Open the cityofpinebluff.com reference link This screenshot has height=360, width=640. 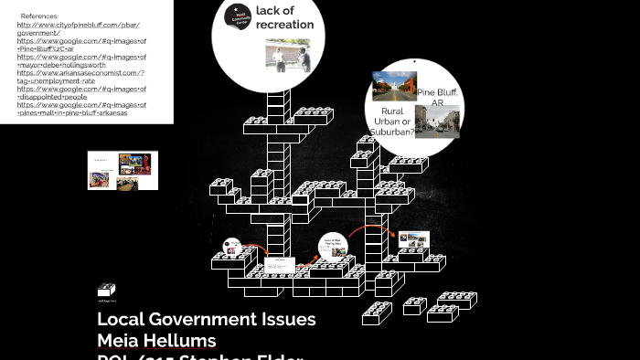[x=79, y=25]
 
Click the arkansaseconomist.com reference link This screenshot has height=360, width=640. [x=80, y=73]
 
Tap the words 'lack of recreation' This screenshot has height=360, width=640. [x=283, y=17]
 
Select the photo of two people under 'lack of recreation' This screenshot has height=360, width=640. [x=288, y=56]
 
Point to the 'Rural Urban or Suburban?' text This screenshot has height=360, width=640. [x=391, y=122]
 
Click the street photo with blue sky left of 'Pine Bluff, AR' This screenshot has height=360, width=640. [x=394, y=86]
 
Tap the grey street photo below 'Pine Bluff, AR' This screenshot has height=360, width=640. [x=437, y=121]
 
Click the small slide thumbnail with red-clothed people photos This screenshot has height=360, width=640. [x=123, y=171]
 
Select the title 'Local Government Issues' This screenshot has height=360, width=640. [x=207, y=320]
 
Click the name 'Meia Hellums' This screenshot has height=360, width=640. [x=156, y=341]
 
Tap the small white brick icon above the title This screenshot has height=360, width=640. [x=107, y=291]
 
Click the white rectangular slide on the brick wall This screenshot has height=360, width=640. [x=280, y=265]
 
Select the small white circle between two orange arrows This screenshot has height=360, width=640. [x=333, y=247]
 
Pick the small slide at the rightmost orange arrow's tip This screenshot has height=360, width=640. [x=413, y=240]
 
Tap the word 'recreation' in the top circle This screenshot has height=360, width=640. [x=285, y=25]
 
